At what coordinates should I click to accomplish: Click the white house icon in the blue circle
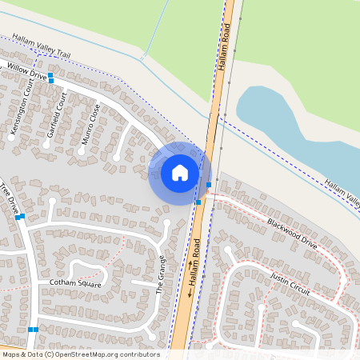click(x=180, y=173)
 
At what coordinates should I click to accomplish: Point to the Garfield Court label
click(x=56, y=114)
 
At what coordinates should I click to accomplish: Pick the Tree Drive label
click(x=10, y=201)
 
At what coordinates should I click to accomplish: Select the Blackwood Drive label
click(x=292, y=234)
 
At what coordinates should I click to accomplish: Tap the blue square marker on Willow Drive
click(x=50, y=78)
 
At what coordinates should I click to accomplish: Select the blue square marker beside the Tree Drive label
click(x=22, y=216)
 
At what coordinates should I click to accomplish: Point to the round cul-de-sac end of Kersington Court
click(x=11, y=137)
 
